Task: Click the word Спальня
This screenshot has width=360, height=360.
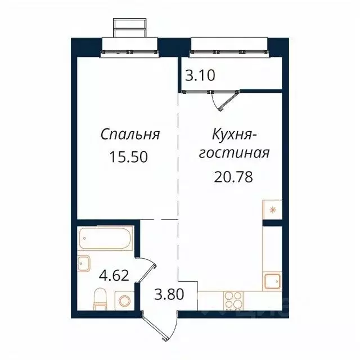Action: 130,135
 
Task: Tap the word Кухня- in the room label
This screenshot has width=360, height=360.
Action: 235,135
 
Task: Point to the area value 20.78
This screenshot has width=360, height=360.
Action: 233,177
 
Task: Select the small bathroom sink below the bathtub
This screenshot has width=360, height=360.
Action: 84,263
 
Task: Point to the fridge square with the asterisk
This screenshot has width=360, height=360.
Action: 272,210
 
